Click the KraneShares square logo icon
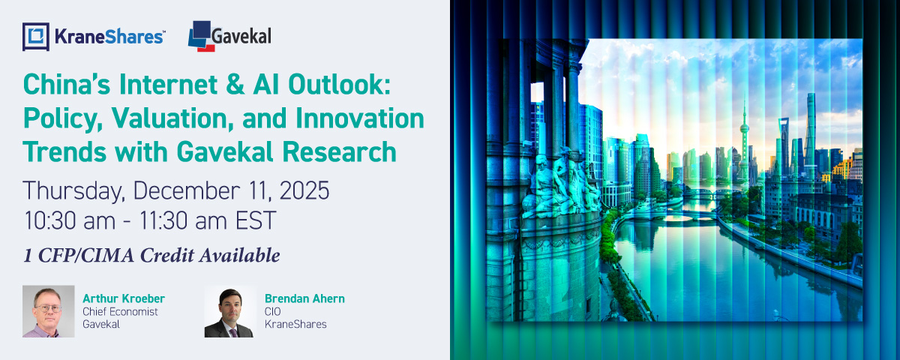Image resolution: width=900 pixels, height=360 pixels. [x=36, y=37]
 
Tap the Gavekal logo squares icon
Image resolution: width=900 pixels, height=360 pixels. [x=200, y=36]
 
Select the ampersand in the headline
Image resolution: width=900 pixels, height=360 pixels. [x=235, y=85]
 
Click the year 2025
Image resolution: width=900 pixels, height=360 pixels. [x=304, y=190]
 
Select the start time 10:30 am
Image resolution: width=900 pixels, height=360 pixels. [x=70, y=220]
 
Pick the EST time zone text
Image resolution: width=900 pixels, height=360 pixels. [x=256, y=220]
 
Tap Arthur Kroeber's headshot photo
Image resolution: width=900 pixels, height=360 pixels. [x=49, y=311]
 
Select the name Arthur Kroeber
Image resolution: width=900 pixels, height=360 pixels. [x=124, y=298]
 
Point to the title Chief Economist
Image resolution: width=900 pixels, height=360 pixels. [x=120, y=311]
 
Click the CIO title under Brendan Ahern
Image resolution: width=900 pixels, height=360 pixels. [x=273, y=311]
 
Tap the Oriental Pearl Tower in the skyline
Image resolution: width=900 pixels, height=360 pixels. [x=744, y=141]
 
